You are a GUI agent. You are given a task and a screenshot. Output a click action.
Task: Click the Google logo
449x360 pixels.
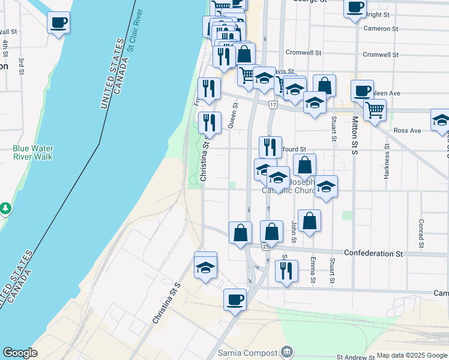20,353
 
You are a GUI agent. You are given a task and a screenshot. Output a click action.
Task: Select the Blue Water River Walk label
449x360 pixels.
32,152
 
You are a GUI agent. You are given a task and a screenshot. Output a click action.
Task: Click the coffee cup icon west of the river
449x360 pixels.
58,23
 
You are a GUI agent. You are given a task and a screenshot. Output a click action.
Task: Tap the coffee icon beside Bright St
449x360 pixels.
355,8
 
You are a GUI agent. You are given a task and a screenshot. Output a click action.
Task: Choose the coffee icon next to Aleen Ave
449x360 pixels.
362,91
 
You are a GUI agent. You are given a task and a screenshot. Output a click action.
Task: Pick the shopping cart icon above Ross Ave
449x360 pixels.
375,110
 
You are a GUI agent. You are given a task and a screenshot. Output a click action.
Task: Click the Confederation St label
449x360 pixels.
373,253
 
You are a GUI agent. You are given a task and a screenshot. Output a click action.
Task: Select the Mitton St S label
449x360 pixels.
355,136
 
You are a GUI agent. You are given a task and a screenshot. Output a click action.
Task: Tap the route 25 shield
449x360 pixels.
265,246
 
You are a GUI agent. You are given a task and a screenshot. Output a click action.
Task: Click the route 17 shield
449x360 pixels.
273,106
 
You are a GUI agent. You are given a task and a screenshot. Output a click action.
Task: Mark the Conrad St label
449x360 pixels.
421,235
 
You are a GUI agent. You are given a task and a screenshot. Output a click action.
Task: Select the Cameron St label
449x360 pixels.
381,28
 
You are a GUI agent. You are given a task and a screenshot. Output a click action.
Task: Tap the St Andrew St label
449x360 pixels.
355,356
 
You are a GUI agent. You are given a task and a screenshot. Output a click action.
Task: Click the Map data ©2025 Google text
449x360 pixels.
412,355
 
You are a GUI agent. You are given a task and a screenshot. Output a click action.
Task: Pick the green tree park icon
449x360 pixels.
5,208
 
